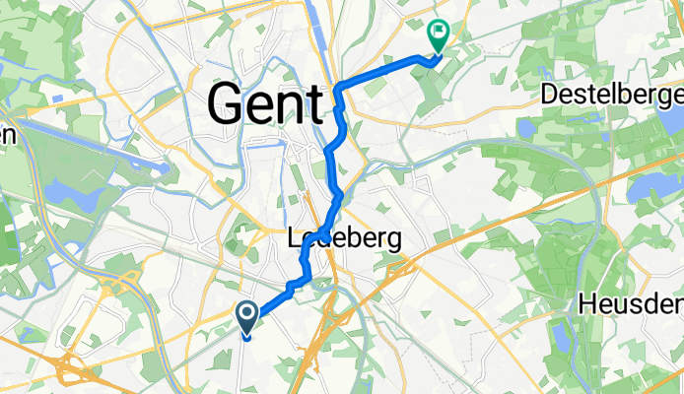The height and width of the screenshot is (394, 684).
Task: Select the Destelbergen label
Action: click(x=612, y=96)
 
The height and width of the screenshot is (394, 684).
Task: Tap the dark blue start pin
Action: click(x=246, y=318)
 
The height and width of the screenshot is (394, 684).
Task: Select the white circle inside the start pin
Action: click(x=246, y=313)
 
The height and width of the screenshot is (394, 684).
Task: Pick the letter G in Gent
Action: click(x=227, y=102)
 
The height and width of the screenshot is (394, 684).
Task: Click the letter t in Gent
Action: click(x=314, y=102)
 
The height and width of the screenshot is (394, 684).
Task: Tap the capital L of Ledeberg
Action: click(x=293, y=238)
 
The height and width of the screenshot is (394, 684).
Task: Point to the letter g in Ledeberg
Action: click(x=395, y=242)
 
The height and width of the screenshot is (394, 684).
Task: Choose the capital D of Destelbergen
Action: click(x=549, y=96)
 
